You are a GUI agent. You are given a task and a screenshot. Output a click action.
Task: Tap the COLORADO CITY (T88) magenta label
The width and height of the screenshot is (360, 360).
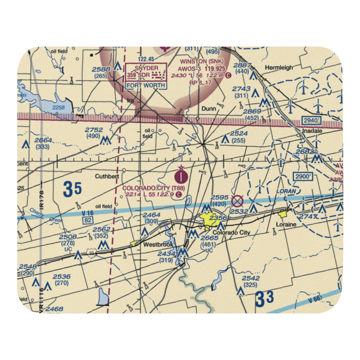(149, 188)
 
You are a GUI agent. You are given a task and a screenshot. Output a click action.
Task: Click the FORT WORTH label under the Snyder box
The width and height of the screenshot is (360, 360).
(146, 86)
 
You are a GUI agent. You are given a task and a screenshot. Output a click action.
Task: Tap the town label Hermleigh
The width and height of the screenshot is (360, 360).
(279, 67)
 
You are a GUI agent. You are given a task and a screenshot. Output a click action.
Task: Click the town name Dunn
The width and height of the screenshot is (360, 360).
(208, 108)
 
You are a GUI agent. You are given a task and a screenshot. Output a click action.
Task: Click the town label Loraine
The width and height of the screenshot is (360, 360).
(286, 224)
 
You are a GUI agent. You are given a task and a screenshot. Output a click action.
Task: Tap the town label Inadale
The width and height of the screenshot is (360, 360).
(312, 131)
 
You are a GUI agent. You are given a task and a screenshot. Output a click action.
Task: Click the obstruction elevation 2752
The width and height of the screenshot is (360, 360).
(94, 130)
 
